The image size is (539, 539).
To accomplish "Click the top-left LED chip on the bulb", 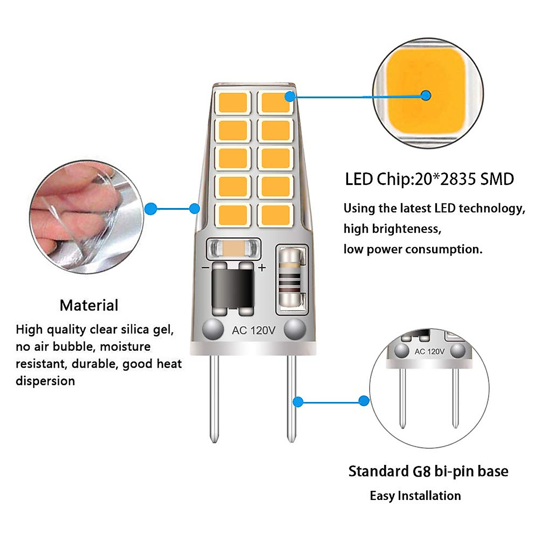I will coord(233,102).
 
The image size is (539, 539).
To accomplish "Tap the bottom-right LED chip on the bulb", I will coord(275,215).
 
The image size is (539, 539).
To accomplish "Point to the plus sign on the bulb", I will coord(262,268).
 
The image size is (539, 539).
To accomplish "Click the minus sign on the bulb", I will coord(205,268).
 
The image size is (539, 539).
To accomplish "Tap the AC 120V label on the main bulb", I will coord(253,331).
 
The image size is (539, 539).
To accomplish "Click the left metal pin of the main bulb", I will coord(214,398).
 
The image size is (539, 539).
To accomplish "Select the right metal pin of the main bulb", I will coord(292,398).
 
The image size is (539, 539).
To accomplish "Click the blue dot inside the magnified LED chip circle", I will coord(426,96).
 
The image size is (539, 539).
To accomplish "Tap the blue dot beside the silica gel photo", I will coord(151,209).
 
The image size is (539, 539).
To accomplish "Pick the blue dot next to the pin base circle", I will coord(364,401).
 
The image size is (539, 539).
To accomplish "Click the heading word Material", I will coord(89,305).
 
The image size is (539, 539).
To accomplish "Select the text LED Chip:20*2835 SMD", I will coord(429,179).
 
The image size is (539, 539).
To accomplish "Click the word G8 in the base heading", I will coord(422,472).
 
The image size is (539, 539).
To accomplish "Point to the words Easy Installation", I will coord(415,496).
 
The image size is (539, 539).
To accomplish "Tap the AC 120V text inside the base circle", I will coord(429,351).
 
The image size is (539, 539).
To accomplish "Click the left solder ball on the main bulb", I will coord(212,330).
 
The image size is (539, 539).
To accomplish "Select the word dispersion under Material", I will coord(45,381).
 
